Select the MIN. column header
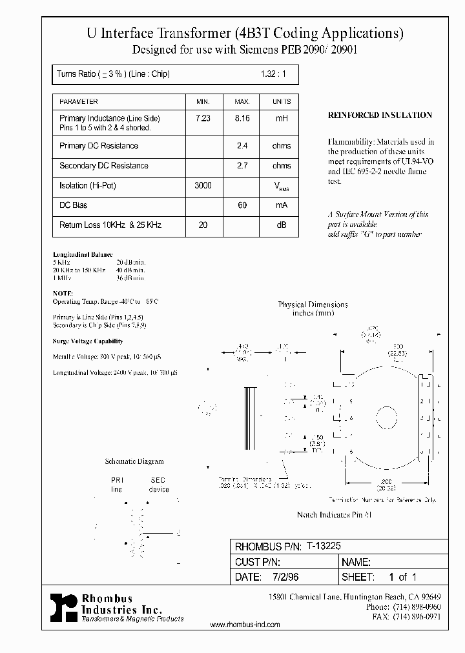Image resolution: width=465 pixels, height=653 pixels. pyautogui.click(x=203, y=102)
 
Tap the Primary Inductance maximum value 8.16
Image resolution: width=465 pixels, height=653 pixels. pyautogui.click(x=242, y=119)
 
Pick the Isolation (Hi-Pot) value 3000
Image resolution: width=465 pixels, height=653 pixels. pyautogui.click(x=203, y=186)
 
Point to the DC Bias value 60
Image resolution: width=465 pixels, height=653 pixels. pyautogui.click(x=242, y=205)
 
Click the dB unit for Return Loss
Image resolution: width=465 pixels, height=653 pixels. pyautogui.click(x=281, y=225)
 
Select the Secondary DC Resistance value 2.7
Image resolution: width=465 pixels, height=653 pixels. pyautogui.click(x=242, y=166)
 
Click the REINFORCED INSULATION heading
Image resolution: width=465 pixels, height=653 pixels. pyautogui.click(x=380, y=116)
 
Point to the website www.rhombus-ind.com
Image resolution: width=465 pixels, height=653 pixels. pyautogui.click(x=245, y=625)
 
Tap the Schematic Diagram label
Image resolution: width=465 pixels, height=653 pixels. pyautogui.click(x=134, y=461)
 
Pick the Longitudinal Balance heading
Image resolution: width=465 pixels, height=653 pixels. pyautogui.click(x=83, y=255)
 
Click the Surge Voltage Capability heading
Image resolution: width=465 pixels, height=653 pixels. pyautogui.click(x=87, y=341)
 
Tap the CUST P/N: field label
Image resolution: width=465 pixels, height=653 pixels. pyautogui.click(x=258, y=562)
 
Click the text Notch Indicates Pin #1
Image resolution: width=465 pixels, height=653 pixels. pyautogui.click(x=334, y=515)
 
